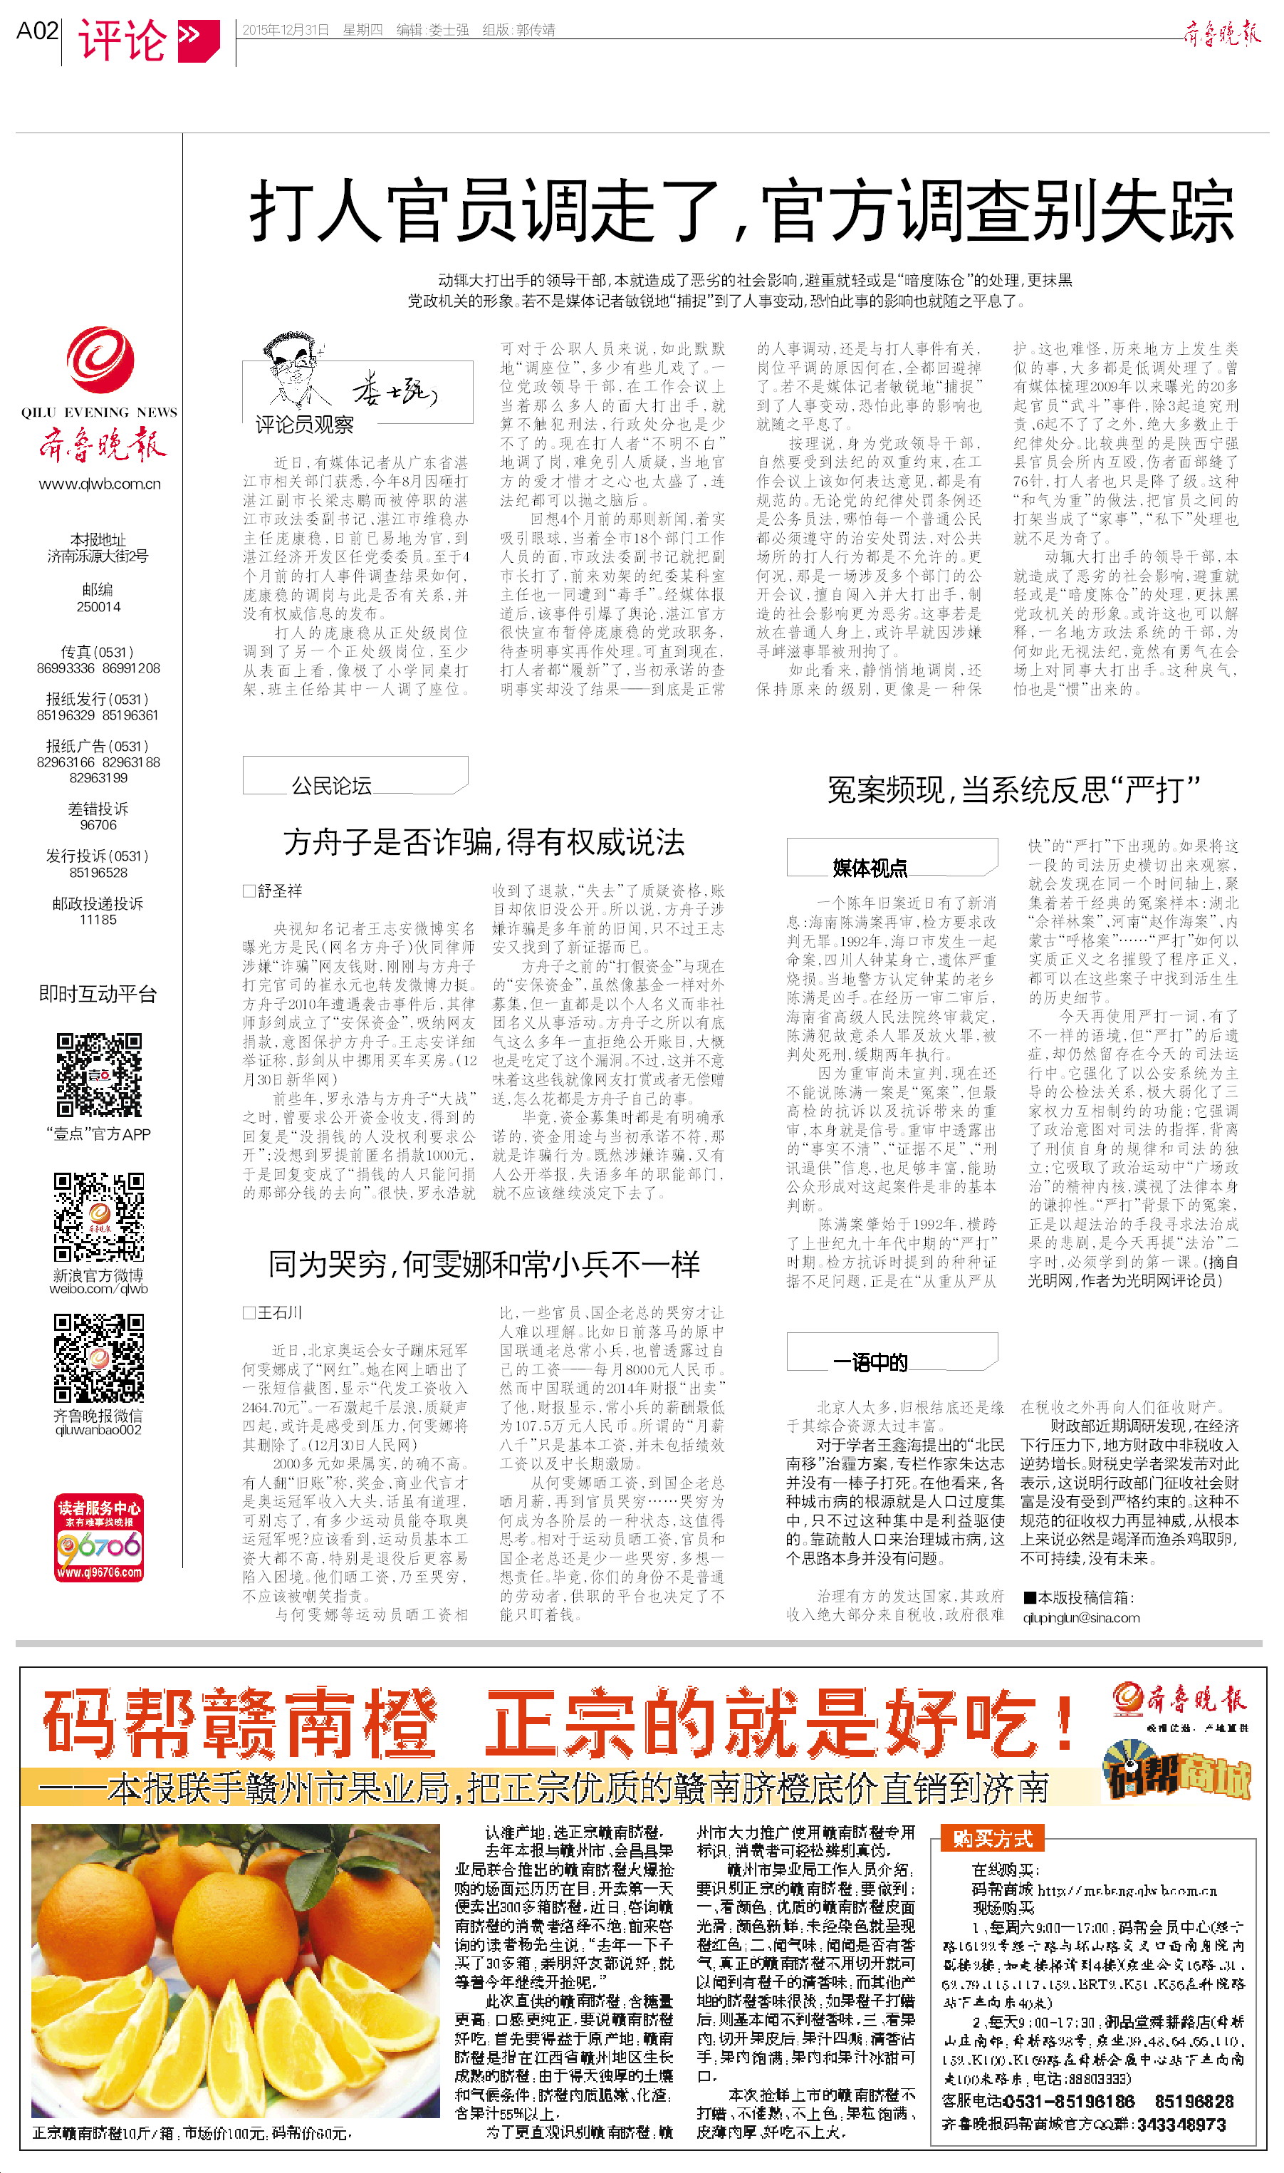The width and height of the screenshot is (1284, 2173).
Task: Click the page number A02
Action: point(37,31)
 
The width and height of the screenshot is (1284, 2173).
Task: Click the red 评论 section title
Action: point(122,40)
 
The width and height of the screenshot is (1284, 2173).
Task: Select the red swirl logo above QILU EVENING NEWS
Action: point(100,359)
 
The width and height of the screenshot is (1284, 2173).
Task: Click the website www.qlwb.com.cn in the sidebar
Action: point(100,484)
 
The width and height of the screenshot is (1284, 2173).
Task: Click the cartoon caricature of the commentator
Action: point(293,372)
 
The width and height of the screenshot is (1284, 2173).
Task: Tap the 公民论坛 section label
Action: point(331,785)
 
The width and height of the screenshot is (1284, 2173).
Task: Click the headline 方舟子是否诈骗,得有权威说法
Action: point(484,842)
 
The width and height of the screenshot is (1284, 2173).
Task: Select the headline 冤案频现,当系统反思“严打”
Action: point(1013,789)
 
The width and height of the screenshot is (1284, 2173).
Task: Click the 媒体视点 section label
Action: point(870,867)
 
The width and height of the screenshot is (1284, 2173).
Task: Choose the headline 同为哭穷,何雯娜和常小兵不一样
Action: point(484,1265)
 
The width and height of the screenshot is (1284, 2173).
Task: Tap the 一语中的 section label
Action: point(870,1362)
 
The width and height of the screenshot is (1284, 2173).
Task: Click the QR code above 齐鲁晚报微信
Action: point(99,1358)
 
